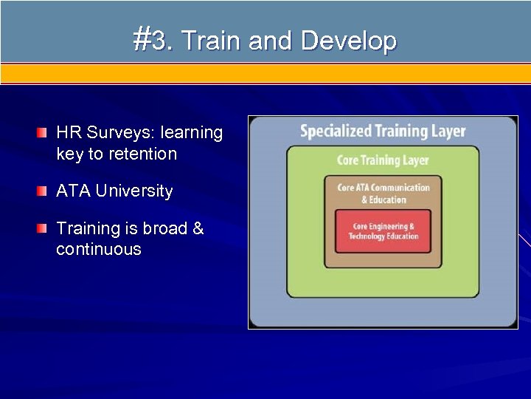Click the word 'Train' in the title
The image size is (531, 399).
pyautogui.click(x=211, y=40)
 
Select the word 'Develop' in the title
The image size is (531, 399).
pyautogui.click(x=349, y=40)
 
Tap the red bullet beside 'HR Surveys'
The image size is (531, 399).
pyautogui.click(x=43, y=133)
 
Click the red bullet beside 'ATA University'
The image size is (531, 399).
pyautogui.click(x=43, y=191)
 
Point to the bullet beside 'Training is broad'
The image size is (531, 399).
pyautogui.click(x=43, y=228)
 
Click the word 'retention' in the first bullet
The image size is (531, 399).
pyautogui.click(x=141, y=154)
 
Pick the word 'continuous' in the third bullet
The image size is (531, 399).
pyautogui.click(x=98, y=249)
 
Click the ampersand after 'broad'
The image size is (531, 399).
pyautogui.click(x=198, y=228)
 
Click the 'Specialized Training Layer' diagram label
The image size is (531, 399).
pyautogui.click(x=383, y=132)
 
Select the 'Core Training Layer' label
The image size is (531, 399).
pyautogui.click(x=383, y=160)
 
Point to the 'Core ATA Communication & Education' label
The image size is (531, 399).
pyautogui.click(x=383, y=193)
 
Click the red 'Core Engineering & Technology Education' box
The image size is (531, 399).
pyautogui.click(x=383, y=231)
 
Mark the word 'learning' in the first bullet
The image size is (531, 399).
pyautogui.click(x=192, y=133)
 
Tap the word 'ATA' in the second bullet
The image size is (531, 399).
pyautogui.click(x=72, y=191)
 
